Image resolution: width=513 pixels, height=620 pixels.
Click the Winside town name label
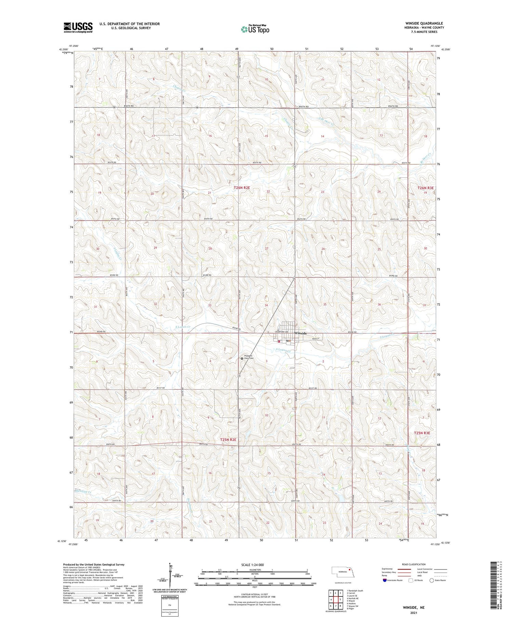point(301,333)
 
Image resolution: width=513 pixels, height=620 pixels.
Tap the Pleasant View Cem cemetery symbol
point(242,358)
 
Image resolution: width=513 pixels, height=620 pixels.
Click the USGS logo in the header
point(78,27)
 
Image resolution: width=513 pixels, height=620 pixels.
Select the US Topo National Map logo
point(255,29)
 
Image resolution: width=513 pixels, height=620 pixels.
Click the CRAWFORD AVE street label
point(281,331)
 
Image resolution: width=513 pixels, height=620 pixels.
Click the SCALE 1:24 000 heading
point(252,565)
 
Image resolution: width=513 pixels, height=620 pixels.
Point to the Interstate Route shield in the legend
point(384,580)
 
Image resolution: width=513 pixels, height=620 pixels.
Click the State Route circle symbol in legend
point(432,580)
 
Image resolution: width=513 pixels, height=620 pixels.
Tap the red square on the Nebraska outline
point(350,570)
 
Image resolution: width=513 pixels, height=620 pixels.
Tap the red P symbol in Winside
point(279,341)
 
